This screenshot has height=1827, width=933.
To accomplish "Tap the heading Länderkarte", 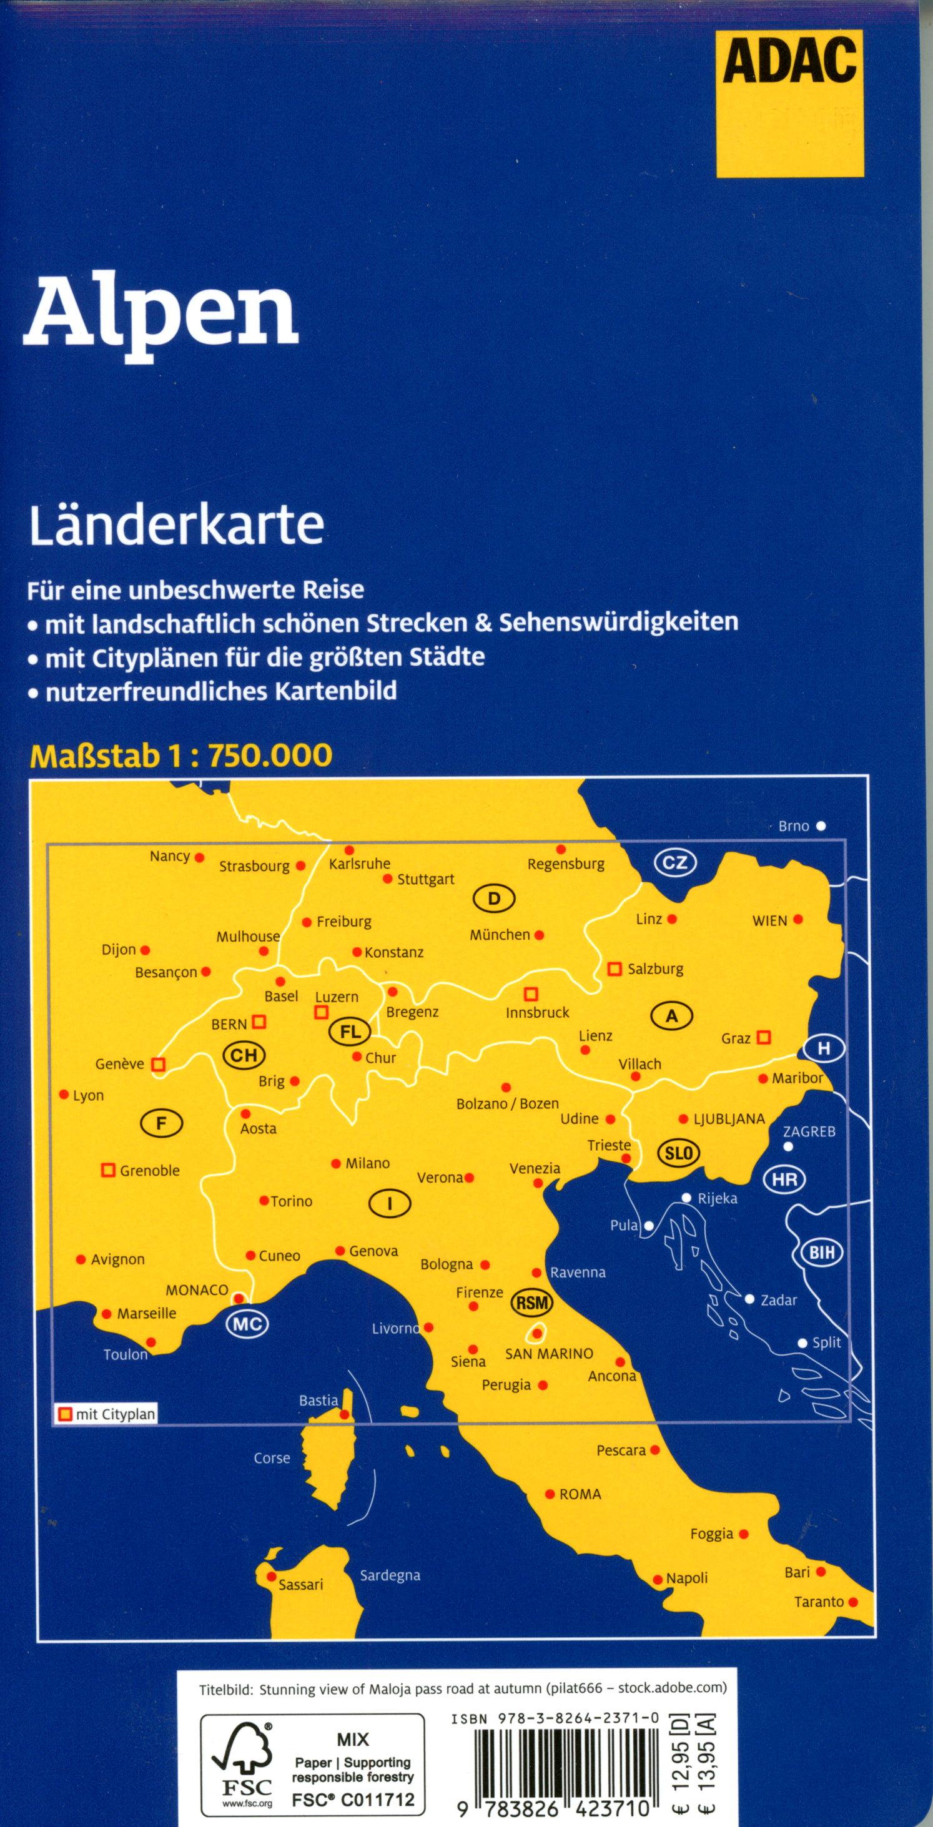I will tap(176, 525).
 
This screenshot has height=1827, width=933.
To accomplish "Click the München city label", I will tap(500, 935).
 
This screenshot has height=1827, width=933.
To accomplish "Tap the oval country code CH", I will tap(244, 1055).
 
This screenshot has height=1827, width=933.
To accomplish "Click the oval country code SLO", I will tap(678, 1153).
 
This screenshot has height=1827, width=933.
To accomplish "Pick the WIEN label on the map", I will tap(770, 921).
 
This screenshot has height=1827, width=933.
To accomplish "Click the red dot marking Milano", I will tap(335, 1164).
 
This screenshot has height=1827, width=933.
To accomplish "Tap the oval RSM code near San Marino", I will tap(532, 1302).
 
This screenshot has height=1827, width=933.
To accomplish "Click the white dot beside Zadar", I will tap(749, 1299).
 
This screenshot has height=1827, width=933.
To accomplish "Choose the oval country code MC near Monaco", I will tap(246, 1324).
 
